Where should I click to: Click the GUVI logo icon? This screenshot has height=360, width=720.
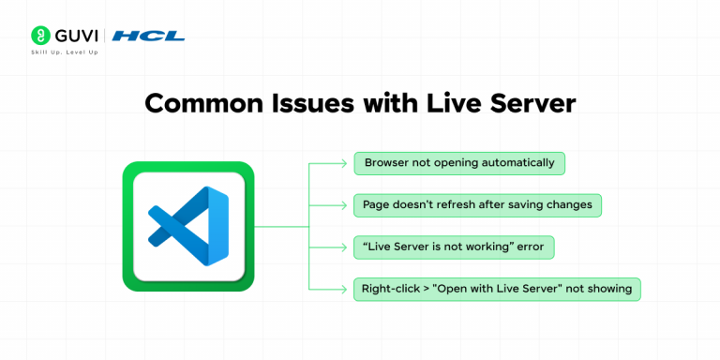tap(40, 35)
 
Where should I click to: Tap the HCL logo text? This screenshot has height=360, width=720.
tap(148, 36)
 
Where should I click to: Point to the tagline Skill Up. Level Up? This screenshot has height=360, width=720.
tap(65, 52)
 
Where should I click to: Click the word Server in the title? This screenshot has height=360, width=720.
tap(530, 103)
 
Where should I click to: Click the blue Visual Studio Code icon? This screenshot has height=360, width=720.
tap(188, 226)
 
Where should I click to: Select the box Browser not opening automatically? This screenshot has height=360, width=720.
tap(459, 163)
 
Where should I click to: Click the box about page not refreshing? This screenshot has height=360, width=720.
tap(477, 205)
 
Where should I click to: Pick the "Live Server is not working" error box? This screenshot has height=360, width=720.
tap(454, 247)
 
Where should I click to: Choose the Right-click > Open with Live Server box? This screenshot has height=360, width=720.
tap(497, 290)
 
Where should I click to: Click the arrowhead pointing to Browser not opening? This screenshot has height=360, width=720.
tap(344, 163)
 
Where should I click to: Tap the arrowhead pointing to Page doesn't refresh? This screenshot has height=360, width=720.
tap(344, 205)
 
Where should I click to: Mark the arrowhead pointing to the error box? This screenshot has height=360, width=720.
tap(344, 247)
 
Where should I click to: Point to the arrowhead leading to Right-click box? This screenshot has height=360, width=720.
tap(344, 290)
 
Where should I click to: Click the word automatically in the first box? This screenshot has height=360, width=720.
tap(518, 163)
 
